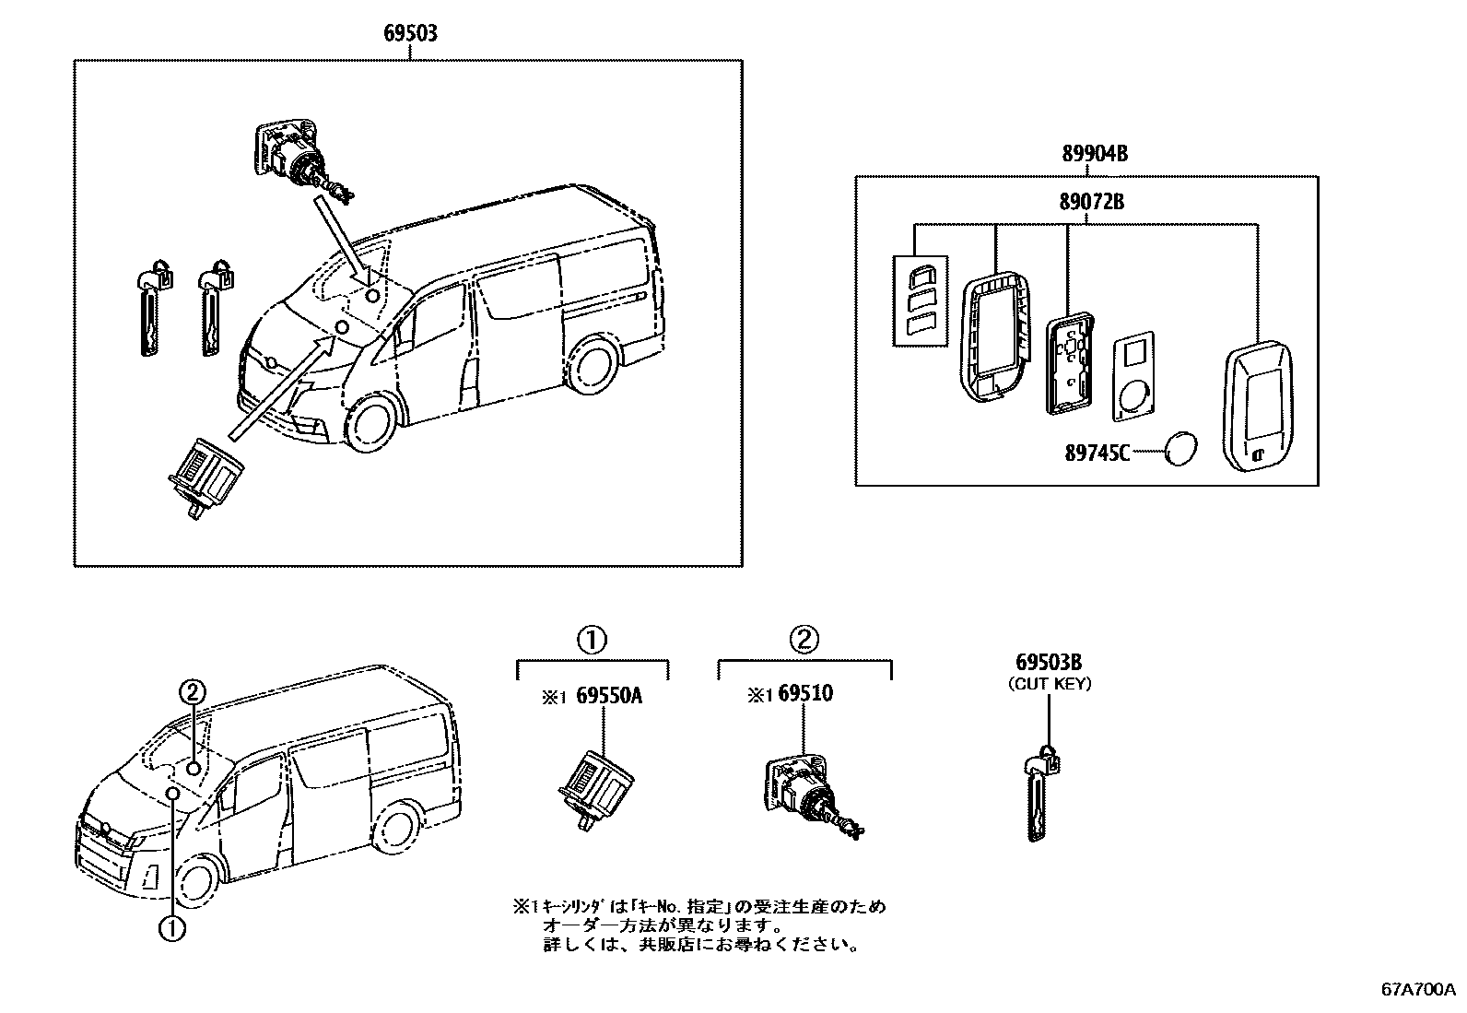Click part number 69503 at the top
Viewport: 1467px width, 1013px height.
click(x=410, y=34)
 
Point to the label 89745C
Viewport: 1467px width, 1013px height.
click(x=1097, y=453)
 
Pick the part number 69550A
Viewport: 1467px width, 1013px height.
click(x=608, y=696)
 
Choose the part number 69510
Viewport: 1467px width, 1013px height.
click(x=804, y=694)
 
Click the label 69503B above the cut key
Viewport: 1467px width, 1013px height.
click(x=1049, y=663)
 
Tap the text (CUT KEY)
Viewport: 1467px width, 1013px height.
click(x=1049, y=684)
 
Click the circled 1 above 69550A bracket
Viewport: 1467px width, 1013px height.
click(x=591, y=638)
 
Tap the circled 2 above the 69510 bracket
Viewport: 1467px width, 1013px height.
click(x=803, y=638)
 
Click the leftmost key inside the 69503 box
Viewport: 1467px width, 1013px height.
click(x=150, y=309)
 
